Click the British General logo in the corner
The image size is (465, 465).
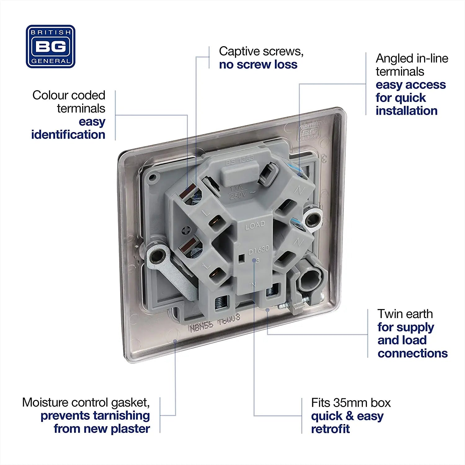[51, 46]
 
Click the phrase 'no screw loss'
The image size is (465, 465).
[258, 64]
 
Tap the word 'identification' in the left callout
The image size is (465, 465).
[68, 135]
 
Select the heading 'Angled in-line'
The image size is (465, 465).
[412, 58]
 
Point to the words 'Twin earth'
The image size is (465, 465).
[405, 314]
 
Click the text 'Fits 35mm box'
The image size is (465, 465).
[351, 403]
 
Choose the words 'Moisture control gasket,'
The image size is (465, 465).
[86, 402]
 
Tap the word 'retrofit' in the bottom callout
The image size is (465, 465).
[330, 429]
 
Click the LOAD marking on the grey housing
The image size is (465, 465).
[255, 225]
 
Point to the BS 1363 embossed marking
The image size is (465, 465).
[240, 161]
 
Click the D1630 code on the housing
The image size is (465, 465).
[258, 249]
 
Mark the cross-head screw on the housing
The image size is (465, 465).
[186, 230]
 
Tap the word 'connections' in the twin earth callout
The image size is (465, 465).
[412, 353]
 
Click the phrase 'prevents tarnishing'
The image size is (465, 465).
[95, 415]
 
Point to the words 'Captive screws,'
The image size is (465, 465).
[261, 51]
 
